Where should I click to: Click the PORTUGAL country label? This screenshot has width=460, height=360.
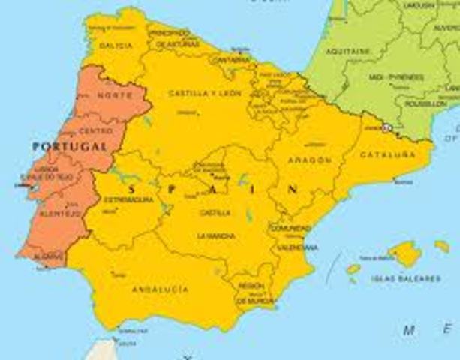[x=69, y=146]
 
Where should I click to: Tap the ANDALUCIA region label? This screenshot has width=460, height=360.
[x=161, y=289]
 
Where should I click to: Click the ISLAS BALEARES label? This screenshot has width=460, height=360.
[x=405, y=278]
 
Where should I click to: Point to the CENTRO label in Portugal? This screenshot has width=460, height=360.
[x=96, y=130]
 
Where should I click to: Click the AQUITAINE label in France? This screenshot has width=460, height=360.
[x=349, y=51]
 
